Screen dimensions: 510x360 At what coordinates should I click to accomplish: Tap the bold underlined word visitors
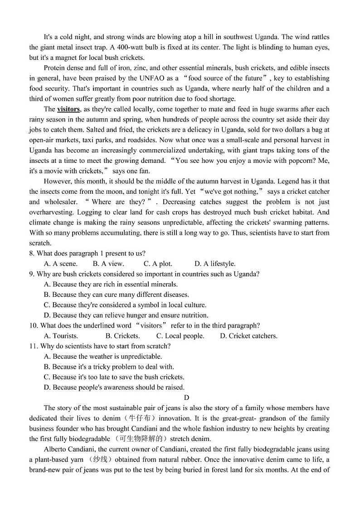click(x=68, y=109)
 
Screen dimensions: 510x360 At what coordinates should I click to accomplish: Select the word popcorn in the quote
click(x=296, y=161)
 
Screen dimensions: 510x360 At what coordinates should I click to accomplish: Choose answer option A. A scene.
click(x=61, y=264)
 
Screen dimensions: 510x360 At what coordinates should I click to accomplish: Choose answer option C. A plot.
click(x=158, y=264)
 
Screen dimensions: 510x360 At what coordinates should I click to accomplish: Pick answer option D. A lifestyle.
click(x=215, y=264)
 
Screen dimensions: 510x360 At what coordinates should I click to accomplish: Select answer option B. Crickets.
click(x=122, y=336)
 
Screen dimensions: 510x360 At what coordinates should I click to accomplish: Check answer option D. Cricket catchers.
click(x=248, y=336)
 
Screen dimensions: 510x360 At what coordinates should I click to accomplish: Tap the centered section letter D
click(x=180, y=397)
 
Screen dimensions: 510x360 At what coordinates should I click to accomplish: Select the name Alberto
click(x=56, y=449)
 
